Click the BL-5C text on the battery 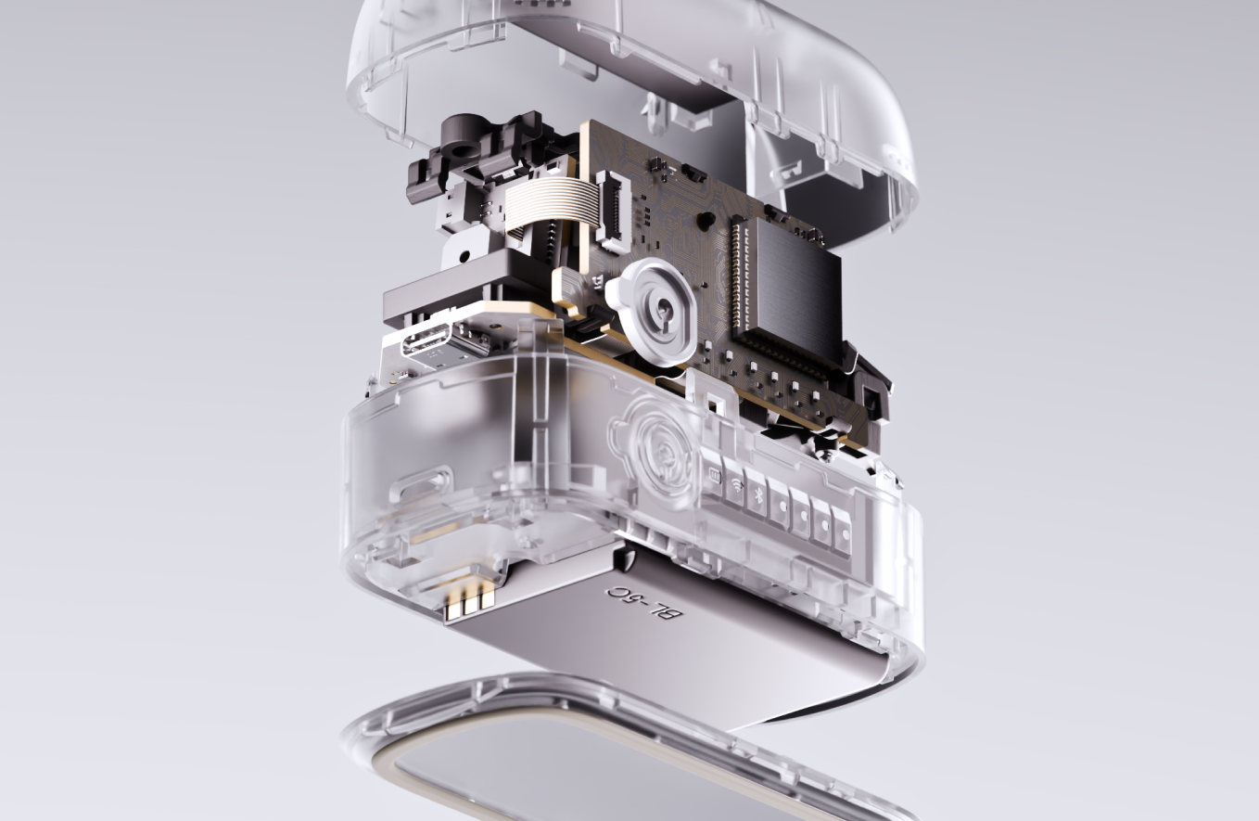pos(644,603)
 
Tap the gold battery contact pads pos(469,602)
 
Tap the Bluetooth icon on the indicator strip pos(757,494)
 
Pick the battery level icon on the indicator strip pos(715,475)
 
